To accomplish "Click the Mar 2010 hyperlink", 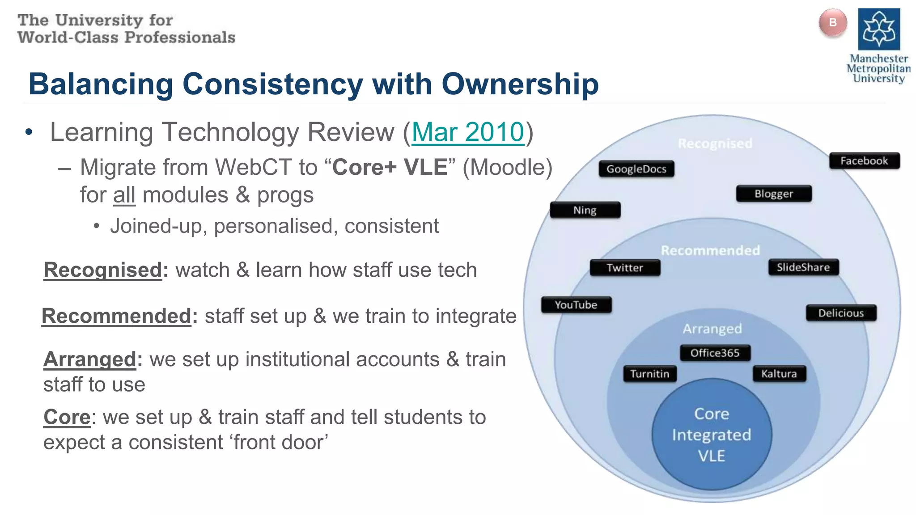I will tap(467, 132).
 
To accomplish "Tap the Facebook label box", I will tap(864, 161).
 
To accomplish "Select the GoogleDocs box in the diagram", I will tap(636, 169).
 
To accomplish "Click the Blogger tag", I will tap(773, 194).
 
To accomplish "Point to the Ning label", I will tap(585, 210).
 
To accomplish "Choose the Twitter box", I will tap(624, 268).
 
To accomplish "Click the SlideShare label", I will tap(803, 267).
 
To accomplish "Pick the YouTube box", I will tap(576, 305).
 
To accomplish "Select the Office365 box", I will tap(714, 353).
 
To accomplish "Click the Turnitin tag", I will tap(649, 374).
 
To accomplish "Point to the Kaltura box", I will tap(779, 374).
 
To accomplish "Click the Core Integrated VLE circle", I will tap(711, 435).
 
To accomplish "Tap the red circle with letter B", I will tap(832, 23).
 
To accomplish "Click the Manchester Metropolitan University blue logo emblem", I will tap(878, 29).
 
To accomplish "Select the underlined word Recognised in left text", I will tap(102, 270).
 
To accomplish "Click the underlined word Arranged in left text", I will tap(89, 359).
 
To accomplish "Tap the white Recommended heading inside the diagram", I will tap(710, 250).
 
